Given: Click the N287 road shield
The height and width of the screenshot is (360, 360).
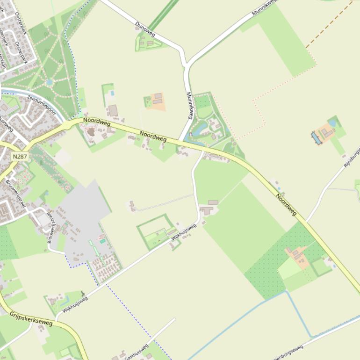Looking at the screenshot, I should point(20,157).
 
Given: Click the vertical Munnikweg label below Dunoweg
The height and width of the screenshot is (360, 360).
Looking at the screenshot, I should point(190,105).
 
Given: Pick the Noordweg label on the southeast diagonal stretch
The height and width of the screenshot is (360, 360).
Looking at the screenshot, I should point(286,205).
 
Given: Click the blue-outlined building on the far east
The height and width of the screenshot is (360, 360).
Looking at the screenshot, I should point(316,137).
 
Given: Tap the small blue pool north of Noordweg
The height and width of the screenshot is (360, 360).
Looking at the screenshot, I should point(112,93).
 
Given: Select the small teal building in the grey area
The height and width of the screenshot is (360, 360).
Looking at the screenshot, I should point(102,241).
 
